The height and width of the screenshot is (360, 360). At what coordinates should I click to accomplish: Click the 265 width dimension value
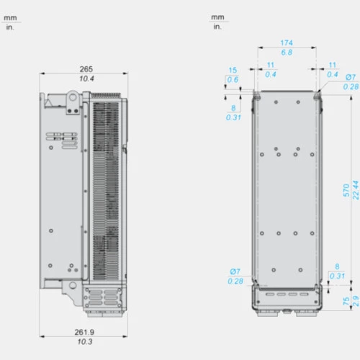(86, 69)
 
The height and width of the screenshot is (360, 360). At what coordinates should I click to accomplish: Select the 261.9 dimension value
(84, 332)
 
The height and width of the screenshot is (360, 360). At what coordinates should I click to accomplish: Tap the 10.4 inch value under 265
(86, 78)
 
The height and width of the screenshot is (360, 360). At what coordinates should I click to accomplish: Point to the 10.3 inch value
(85, 342)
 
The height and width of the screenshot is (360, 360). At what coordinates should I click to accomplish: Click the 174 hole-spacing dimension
(287, 43)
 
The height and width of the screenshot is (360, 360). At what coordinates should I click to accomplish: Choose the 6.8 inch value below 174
(287, 53)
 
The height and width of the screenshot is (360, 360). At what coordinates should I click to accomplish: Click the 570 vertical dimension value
(346, 190)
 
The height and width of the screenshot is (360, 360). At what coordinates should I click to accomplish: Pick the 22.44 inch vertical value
(356, 190)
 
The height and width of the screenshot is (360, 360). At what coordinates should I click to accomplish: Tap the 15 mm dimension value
(233, 71)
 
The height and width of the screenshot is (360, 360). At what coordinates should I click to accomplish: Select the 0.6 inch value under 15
(233, 80)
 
